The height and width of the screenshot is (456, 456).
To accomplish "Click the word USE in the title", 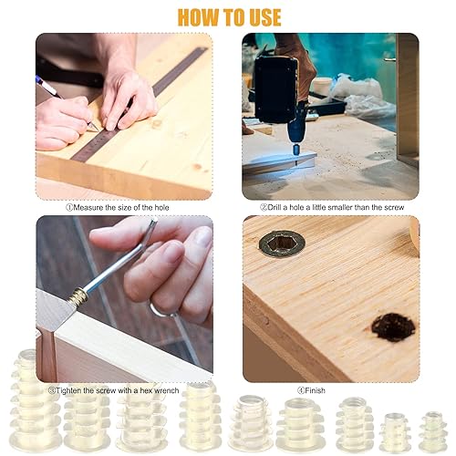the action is tap(265, 17).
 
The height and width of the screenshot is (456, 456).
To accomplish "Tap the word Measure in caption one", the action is tap(88, 208).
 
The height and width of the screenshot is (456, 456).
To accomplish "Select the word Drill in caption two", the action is tap(275, 207).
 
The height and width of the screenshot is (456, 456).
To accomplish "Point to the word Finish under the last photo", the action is tap(315, 390).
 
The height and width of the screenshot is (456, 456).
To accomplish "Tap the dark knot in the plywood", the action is tap(394, 327).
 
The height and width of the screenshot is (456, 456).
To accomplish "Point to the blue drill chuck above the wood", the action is tap(295, 150).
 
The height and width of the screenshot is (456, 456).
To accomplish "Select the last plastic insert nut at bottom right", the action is tap(433, 431).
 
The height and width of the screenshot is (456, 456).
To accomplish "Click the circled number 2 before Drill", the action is tap(264, 207).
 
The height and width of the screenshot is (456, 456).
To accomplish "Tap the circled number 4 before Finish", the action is tap(301, 390).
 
